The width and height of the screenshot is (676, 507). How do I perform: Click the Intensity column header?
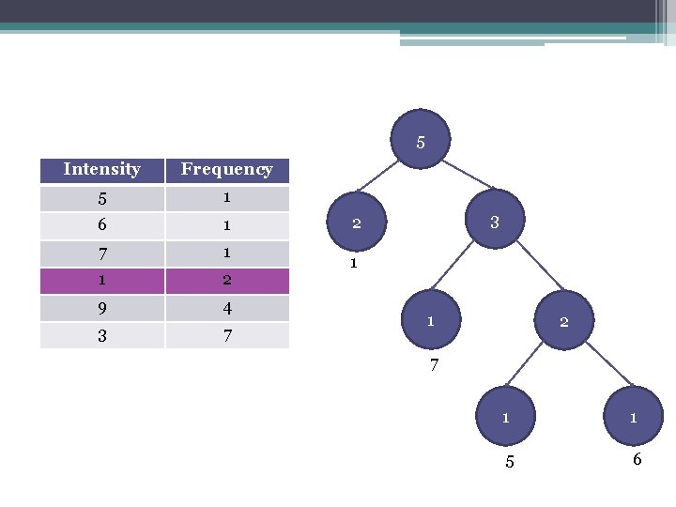pyautogui.click(x=101, y=170)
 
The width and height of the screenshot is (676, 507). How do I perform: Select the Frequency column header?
pyautogui.click(x=226, y=170)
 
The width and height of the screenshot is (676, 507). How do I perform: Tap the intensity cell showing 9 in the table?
pyautogui.click(x=101, y=308)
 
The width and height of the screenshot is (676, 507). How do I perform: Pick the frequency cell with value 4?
pyautogui.click(x=226, y=308)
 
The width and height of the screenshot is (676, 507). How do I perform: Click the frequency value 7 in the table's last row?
pyautogui.click(x=226, y=335)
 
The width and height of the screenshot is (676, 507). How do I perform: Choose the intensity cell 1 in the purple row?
pyautogui.click(x=101, y=280)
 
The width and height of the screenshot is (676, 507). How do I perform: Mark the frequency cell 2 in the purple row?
pyautogui.click(x=226, y=280)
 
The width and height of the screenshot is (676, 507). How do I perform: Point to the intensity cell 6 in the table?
pyautogui.click(x=101, y=225)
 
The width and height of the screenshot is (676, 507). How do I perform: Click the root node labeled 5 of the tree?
pyautogui.click(x=421, y=143)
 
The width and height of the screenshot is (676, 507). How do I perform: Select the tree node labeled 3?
pyautogui.click(x=494, y=223)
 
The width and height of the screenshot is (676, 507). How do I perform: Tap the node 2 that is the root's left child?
pyautogui.click(x=357, y=223)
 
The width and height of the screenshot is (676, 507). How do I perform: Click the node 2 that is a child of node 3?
pyautogui.click(x=564, y=322)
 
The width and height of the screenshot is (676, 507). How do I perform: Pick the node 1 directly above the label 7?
pyautogui.click(x=430, y=321)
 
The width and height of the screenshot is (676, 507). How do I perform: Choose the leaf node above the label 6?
pyautogui.click(x=634, y=418)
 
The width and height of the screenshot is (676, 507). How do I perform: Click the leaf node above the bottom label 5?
pyautogui.click(x=506, y=418)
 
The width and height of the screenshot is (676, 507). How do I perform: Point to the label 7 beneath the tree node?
pyautogui.click(x=434, y=365)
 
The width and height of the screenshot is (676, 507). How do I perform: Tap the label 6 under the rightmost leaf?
pyautogui.click(x=637, y=460)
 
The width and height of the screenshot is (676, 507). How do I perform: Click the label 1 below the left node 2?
pyautogui.click(x=353, y=264)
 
